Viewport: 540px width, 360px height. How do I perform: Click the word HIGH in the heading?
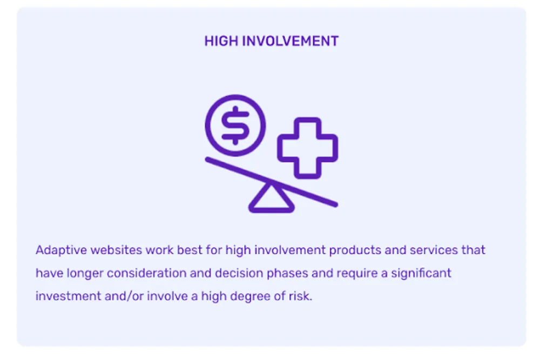(x=221, y=42)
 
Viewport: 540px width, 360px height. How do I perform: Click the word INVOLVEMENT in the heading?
(x=291, y=42)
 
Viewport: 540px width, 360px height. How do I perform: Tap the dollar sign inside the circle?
(x=235, y=125)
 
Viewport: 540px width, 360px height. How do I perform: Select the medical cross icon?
(x=308, y=148)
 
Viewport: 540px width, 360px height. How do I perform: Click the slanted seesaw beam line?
(x=272, y=182)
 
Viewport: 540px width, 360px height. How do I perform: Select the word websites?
(x=116, y=250)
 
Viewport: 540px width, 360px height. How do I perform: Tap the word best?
(x=190, y=250)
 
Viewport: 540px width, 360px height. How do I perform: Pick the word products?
(x=355, y=250)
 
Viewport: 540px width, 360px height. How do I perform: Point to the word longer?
(x=85, y=273)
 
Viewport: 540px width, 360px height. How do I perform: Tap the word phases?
(x=287, y=273)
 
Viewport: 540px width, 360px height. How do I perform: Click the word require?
(x=357, y=274)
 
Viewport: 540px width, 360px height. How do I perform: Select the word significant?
(x=421, y=273)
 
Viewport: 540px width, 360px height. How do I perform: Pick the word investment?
(x=68, y=296)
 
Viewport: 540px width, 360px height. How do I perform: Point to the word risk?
(x=300, y=296)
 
